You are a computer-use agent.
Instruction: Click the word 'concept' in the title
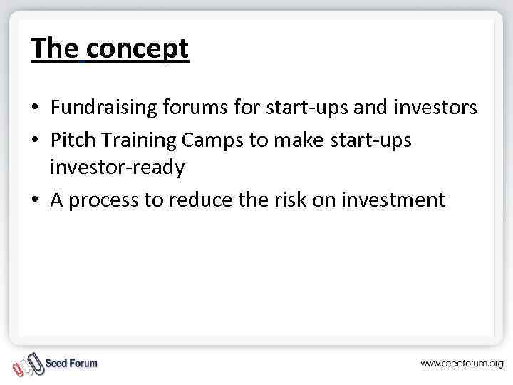coord(138,48)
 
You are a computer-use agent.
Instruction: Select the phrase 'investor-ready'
coord(117,169)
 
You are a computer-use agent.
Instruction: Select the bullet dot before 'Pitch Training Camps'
coord(35,140)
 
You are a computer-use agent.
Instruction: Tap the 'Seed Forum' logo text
coord(71,363)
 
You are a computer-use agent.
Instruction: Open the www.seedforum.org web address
coord(462,364)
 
